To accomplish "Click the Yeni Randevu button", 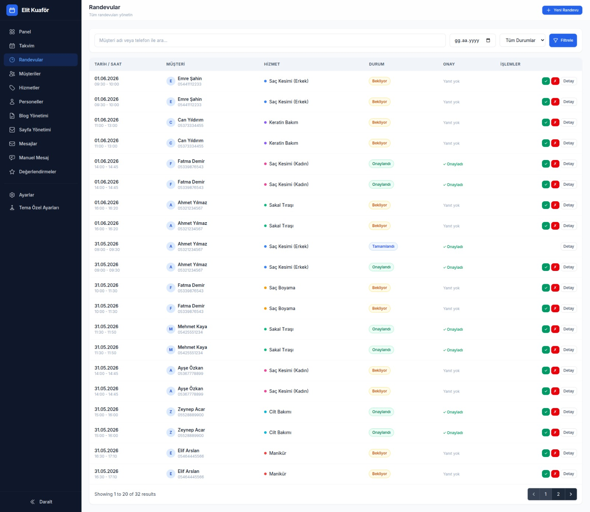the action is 562,10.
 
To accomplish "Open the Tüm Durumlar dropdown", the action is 523,41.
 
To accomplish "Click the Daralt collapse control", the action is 41,502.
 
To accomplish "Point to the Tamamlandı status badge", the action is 383,247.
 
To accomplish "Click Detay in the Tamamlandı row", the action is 569,247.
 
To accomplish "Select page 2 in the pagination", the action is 558,494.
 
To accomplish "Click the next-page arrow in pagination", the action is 571,494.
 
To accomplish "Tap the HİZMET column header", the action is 272,64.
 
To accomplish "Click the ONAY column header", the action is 449,64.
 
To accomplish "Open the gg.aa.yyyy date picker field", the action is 472,41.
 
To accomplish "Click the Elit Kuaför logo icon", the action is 12,10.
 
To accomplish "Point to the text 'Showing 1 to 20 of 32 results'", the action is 125,494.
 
